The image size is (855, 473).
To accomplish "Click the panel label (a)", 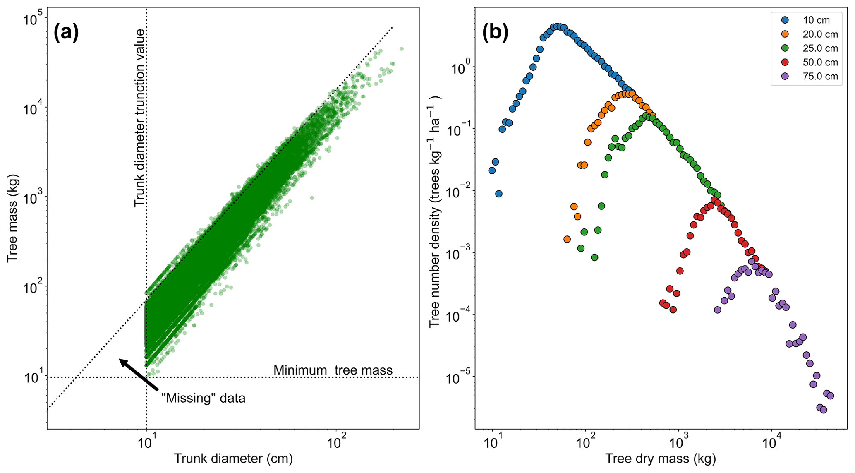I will [x=66, y=33].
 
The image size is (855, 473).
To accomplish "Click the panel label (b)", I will [x=495, y=33].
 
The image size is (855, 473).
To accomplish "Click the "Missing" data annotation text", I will [x=203, y=399].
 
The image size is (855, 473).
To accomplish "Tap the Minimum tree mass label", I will [x=333, y=370].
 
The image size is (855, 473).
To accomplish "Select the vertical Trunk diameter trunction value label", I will [x=140, y=118].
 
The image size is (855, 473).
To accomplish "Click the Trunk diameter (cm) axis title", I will [x=233, y=459].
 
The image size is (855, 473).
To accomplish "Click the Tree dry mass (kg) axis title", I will [x=661, y=459].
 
